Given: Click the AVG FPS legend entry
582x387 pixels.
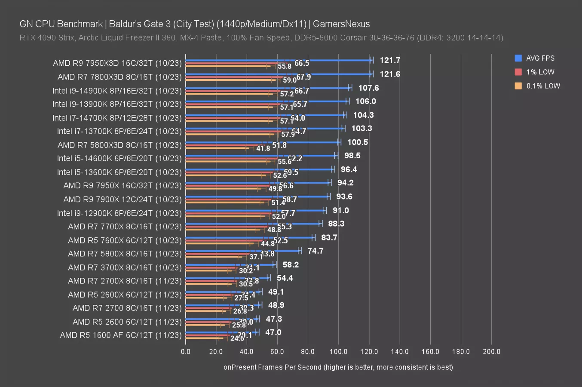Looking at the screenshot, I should pyautogui.click(x=540, y=58).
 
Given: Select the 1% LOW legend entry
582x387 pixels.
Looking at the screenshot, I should pyautogui.click(x=540, y=72).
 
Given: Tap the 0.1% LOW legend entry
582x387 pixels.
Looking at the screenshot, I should pyautogui.click(x=543, y=86).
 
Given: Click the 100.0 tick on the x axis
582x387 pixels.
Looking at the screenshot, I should pyautogui.click(x=338, y=352).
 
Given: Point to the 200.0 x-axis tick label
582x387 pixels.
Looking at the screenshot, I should pyautogui.click(x=491, y=352).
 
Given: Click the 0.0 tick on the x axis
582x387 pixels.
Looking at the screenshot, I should pyautogui.click(x=186, y=352).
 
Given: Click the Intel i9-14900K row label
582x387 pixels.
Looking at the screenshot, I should pyautogui.click(x=117, y=91).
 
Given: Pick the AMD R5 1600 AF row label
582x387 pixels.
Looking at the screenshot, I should pyautogui.click(x=121, y=335).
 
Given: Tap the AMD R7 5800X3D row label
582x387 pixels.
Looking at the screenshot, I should pyautogui.click(x=119, y=145).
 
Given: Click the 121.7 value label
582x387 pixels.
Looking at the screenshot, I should pyautogui.click(x=390, y=60).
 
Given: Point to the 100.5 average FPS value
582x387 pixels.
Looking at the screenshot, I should pyautogui.click(x=358, y=142).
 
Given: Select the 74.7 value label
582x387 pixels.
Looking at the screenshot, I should pyautogui.click(x=316, y=251).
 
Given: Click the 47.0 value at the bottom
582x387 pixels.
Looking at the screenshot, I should pyautogui.click(x=273, y=332).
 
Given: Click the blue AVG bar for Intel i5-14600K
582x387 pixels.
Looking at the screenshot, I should pyautogui.click(x=260, y=156).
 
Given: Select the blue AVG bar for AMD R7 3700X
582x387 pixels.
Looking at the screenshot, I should pyautogui.click(x=230, y=264).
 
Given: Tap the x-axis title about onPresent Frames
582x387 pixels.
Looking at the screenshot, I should pyautogui.click(x=338, y=367).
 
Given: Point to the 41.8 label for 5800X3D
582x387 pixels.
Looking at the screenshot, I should pyautogui.click(x=263, y=148).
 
